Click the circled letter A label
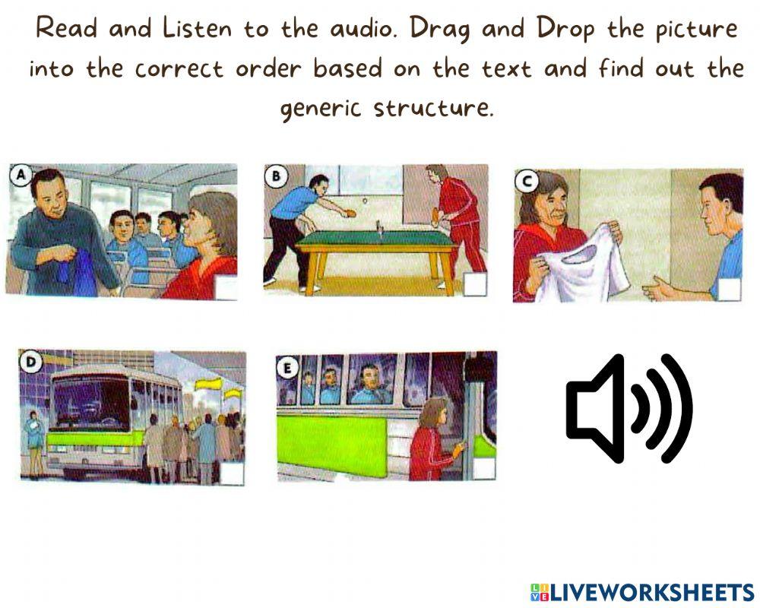click(21, 175)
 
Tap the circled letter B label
click(275, 175)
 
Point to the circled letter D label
click(31, 362)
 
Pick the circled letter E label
click(287, 369)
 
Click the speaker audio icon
click(630, 409)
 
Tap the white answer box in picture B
click(474, 283)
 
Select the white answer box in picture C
click(730, 290)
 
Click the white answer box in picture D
click(232, 473)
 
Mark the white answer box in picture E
click(483, 469)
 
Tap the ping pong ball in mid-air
click(365, 200)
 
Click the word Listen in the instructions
click(198, 29)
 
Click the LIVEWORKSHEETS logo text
click(641, 592)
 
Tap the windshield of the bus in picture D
click(91, 403)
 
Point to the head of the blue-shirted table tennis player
click(318, 185)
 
